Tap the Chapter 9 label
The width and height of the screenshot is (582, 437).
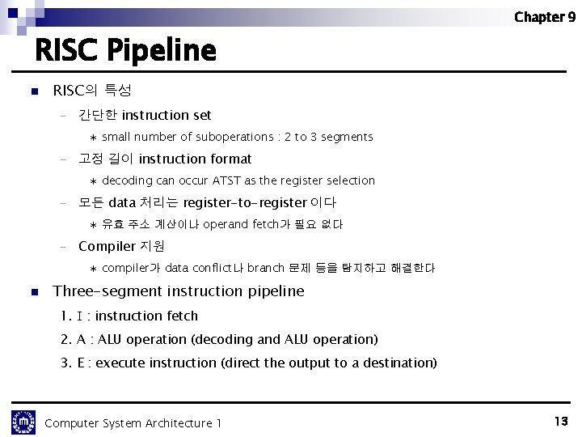click(x=544, y=16)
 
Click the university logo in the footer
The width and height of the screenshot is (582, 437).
click(x=23, y=422)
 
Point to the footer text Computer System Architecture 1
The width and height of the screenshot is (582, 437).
click(x=133, y=423)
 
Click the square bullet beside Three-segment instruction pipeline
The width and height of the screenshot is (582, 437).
click(x=33, y=291)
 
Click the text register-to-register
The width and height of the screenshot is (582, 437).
click(x=245, y=202)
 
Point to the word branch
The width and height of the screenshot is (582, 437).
click(x=266, y=268)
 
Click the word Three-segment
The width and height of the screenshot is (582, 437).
click(x=97, y=291)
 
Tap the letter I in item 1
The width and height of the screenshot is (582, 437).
click(x=78, y=316)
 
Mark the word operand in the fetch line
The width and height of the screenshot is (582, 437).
click(x=226, y=224)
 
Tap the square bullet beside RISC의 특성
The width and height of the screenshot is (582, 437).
click(x=33, y=92)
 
